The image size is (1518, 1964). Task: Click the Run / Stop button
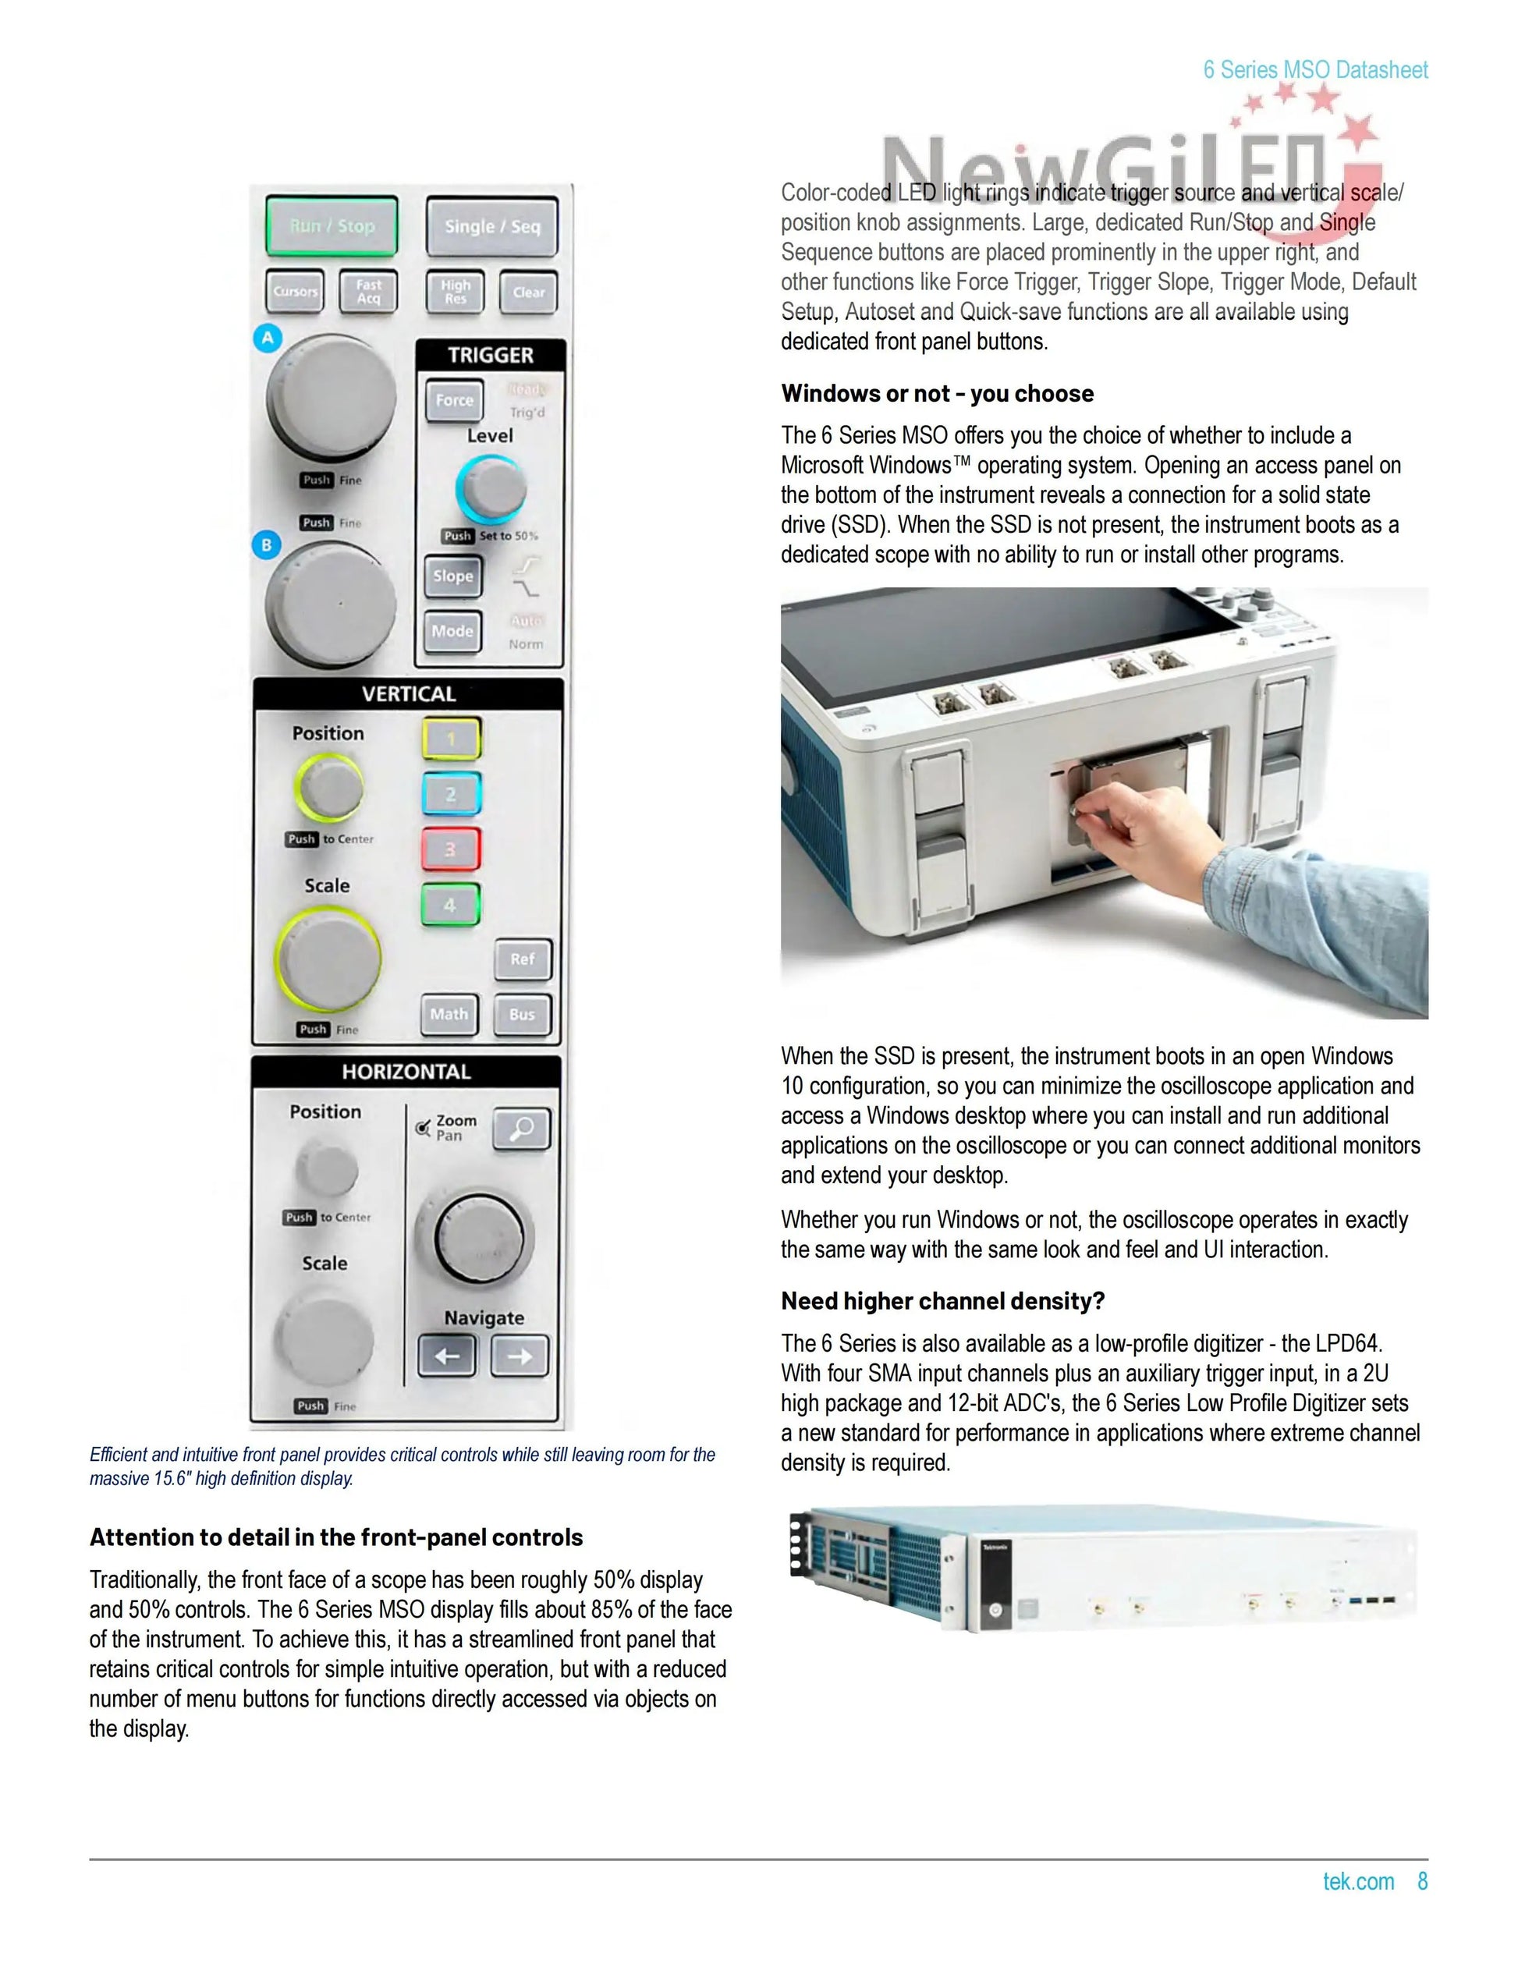pyautogui.click(x=331, y=225)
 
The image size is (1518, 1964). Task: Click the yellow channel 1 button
pyautogui.click(x=452, y=739)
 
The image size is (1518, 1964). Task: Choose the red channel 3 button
pyautogui.click(x=451, y=849)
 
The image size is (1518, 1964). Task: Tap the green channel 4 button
pyautogui.click(x=451, y=905)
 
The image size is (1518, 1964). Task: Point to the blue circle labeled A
pyautogui.click(x=267, y=339)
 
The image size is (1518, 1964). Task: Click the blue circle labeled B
pyautogui.click(x=266, y=545)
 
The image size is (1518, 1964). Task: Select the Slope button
pyautogui.click(x=452, y=576)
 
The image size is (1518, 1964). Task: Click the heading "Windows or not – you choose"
pyautogui.click(x=937, y=394)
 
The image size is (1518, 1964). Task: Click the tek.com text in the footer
pyautogui.click(x=1358, y=1881)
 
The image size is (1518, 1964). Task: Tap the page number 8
pyautogui.click(x=1423, y=1881)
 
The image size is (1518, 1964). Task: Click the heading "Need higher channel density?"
pyautogui.click(x=942, y=1301)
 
